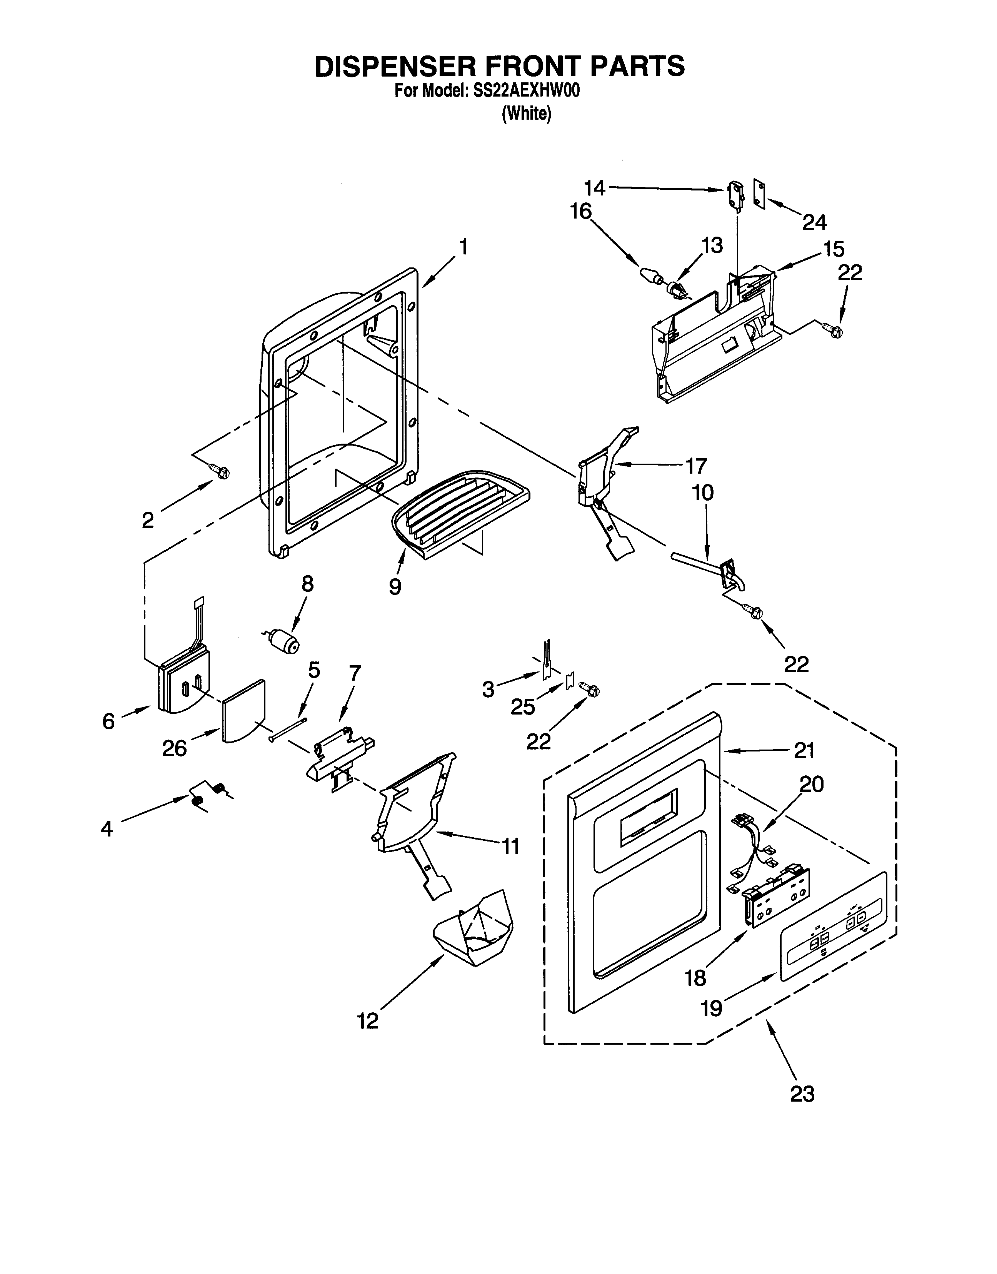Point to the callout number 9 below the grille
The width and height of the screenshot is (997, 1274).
395,586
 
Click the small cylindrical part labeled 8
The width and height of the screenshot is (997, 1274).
284,641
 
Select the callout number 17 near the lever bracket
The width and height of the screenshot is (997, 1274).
695,465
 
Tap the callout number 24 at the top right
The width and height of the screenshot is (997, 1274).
814,222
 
